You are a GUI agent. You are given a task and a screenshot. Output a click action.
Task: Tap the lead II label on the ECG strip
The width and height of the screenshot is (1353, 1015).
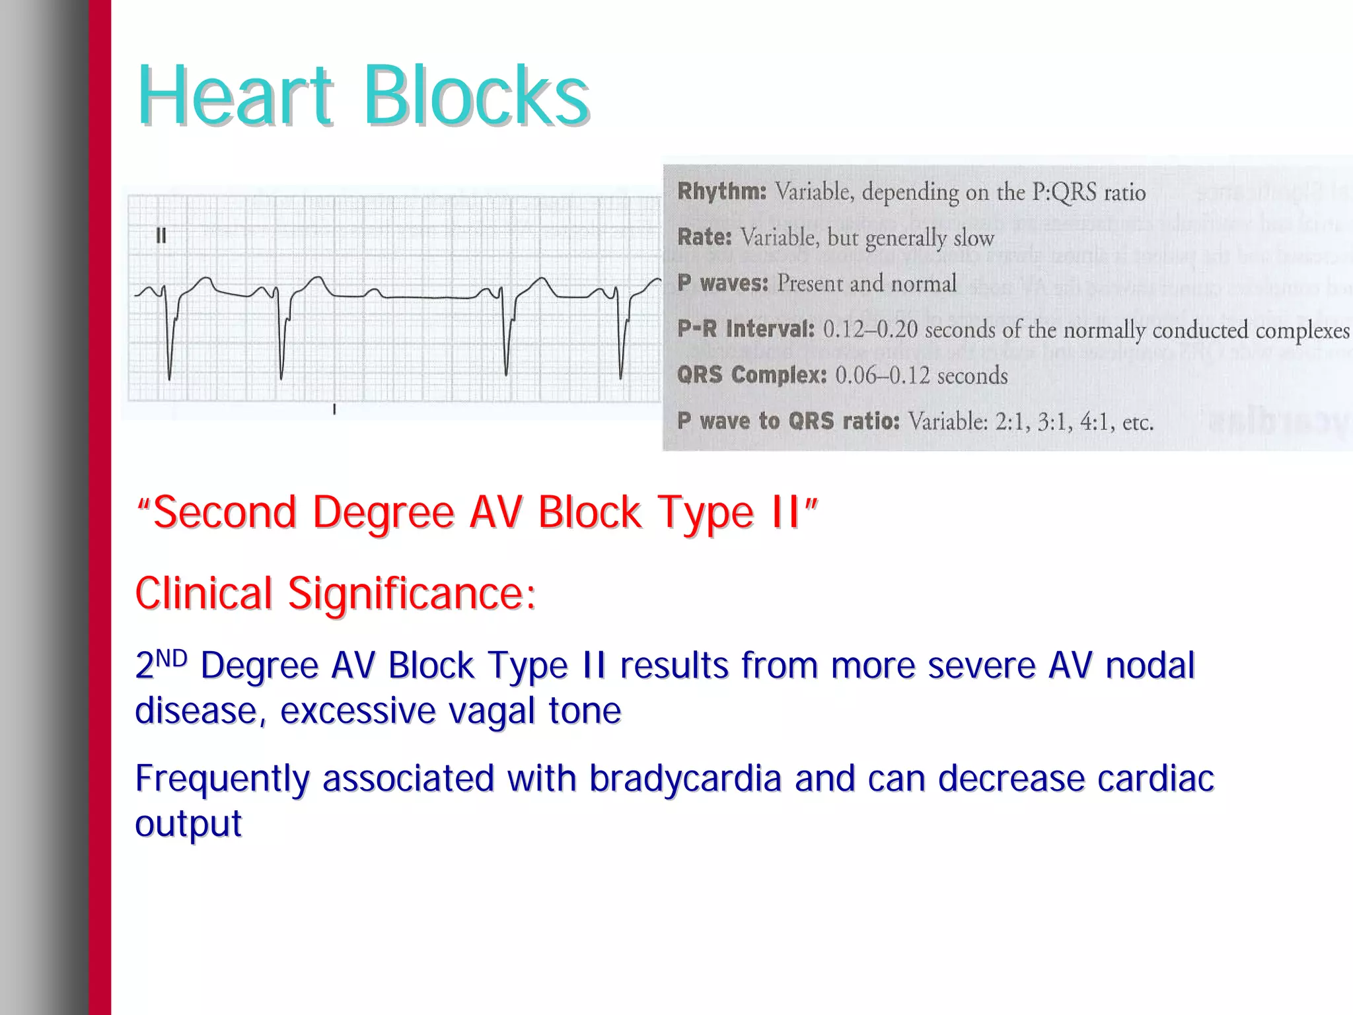click(161, 236)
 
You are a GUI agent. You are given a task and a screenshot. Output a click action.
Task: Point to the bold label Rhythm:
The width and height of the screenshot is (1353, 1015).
click(721, 192)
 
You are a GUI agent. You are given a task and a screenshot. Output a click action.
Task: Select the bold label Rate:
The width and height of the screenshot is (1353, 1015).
click(704, 237)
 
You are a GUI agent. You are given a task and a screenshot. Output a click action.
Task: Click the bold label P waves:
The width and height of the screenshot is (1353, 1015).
click(723, 283)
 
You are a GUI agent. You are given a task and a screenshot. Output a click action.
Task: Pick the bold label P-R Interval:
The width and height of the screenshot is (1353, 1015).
click(745, 329)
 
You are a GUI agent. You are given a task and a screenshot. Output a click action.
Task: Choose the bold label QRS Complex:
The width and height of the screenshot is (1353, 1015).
click(752, 375)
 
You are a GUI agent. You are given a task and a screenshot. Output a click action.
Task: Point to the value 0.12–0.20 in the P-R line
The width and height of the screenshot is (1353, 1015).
click(870, 330)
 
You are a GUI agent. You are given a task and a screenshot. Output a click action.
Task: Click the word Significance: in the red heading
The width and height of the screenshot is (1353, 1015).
click(411, 594)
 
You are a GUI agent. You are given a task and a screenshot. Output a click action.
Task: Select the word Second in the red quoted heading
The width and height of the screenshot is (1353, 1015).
click(225, 513)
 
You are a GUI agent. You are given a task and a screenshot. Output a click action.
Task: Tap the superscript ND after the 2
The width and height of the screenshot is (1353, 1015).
click(172, 658)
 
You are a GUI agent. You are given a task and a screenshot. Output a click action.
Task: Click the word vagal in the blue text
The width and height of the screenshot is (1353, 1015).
click(492, 711)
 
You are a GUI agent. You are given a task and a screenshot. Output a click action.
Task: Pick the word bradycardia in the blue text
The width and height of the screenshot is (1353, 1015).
click(685, 779)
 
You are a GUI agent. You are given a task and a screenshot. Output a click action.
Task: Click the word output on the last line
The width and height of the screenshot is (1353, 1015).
click(188, 823)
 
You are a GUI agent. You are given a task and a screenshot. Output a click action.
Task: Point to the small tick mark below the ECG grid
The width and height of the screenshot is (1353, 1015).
click(334, 409)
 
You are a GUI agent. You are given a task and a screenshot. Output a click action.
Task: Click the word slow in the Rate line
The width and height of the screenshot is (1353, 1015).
click(973, 238)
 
